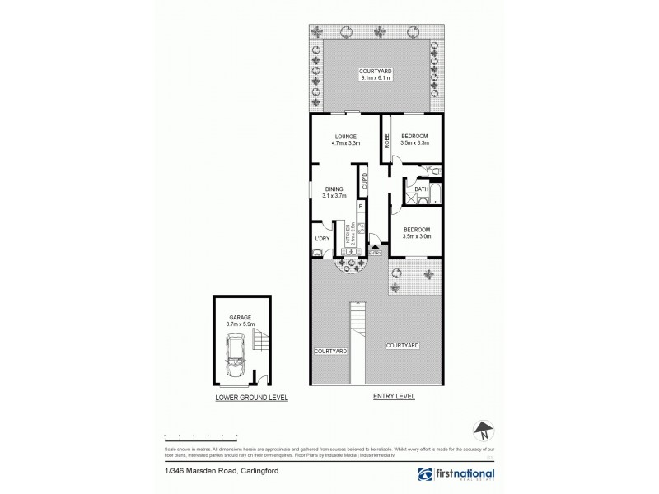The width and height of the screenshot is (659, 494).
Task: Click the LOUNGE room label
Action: pos(344,137)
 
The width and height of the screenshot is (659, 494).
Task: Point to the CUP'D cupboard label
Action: pos(362,179)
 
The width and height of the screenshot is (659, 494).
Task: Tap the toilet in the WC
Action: pos(436,170)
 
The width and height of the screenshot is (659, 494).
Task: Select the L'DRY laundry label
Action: pos(321,240)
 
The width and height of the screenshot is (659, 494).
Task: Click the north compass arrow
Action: pos(484,430)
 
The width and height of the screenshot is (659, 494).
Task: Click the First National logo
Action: pos(456,475)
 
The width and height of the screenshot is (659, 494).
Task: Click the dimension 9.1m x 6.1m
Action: pos(375,78)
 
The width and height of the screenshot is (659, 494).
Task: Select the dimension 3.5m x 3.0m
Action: pos(416,236)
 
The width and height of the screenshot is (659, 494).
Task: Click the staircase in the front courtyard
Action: pos(358,323)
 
